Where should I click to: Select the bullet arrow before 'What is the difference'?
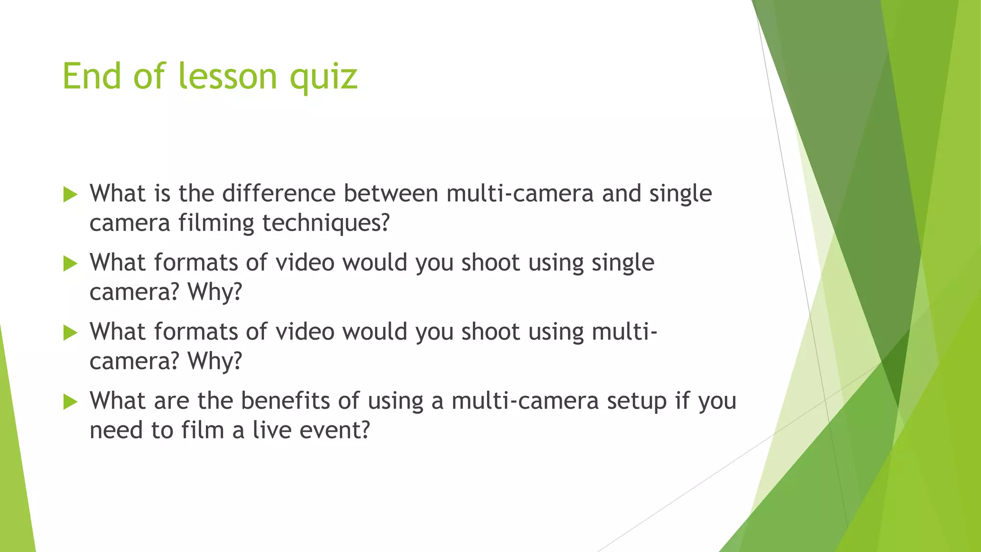click(x=70, y=195)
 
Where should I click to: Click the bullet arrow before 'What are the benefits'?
click(x=70, y=402)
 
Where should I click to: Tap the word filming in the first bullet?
click(x=216, y=223)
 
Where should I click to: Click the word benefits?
click(x=285, y=401)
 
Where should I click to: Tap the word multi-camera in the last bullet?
click(x=525, y=401)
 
